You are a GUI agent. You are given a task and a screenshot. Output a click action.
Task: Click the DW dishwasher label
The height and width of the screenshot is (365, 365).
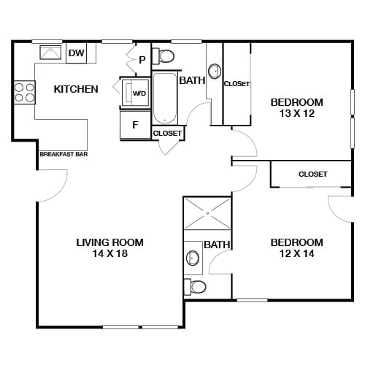(75, 53)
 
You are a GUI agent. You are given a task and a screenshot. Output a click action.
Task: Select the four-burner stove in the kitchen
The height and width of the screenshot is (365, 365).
(24, 91)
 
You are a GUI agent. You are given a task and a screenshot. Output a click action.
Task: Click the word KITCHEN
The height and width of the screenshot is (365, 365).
(76, 89)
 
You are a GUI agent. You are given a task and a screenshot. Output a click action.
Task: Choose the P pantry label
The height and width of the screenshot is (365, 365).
(142, 60)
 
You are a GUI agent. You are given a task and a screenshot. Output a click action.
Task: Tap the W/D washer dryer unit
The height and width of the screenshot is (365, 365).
(137, 93)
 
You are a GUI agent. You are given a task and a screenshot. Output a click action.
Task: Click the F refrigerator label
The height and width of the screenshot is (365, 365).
(135, 124)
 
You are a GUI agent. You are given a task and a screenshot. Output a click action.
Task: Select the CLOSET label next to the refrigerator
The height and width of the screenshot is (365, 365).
(167, 133)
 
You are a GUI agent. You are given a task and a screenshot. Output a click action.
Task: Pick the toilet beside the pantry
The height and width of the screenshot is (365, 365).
(166, 56)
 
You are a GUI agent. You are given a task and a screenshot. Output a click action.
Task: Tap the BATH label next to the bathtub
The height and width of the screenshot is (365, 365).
(191, 80)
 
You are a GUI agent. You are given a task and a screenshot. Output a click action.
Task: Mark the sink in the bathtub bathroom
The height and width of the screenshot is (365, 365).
(215, 72)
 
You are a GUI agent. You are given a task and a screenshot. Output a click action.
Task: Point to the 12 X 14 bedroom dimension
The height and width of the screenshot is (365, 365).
(296, 254)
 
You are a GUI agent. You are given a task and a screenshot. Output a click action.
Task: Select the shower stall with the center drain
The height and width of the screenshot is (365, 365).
(207, 214)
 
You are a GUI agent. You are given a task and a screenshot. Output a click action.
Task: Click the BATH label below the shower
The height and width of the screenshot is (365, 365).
(217, 245)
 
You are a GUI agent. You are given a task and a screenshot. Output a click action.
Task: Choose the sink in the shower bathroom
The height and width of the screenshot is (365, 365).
(193, 257)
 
